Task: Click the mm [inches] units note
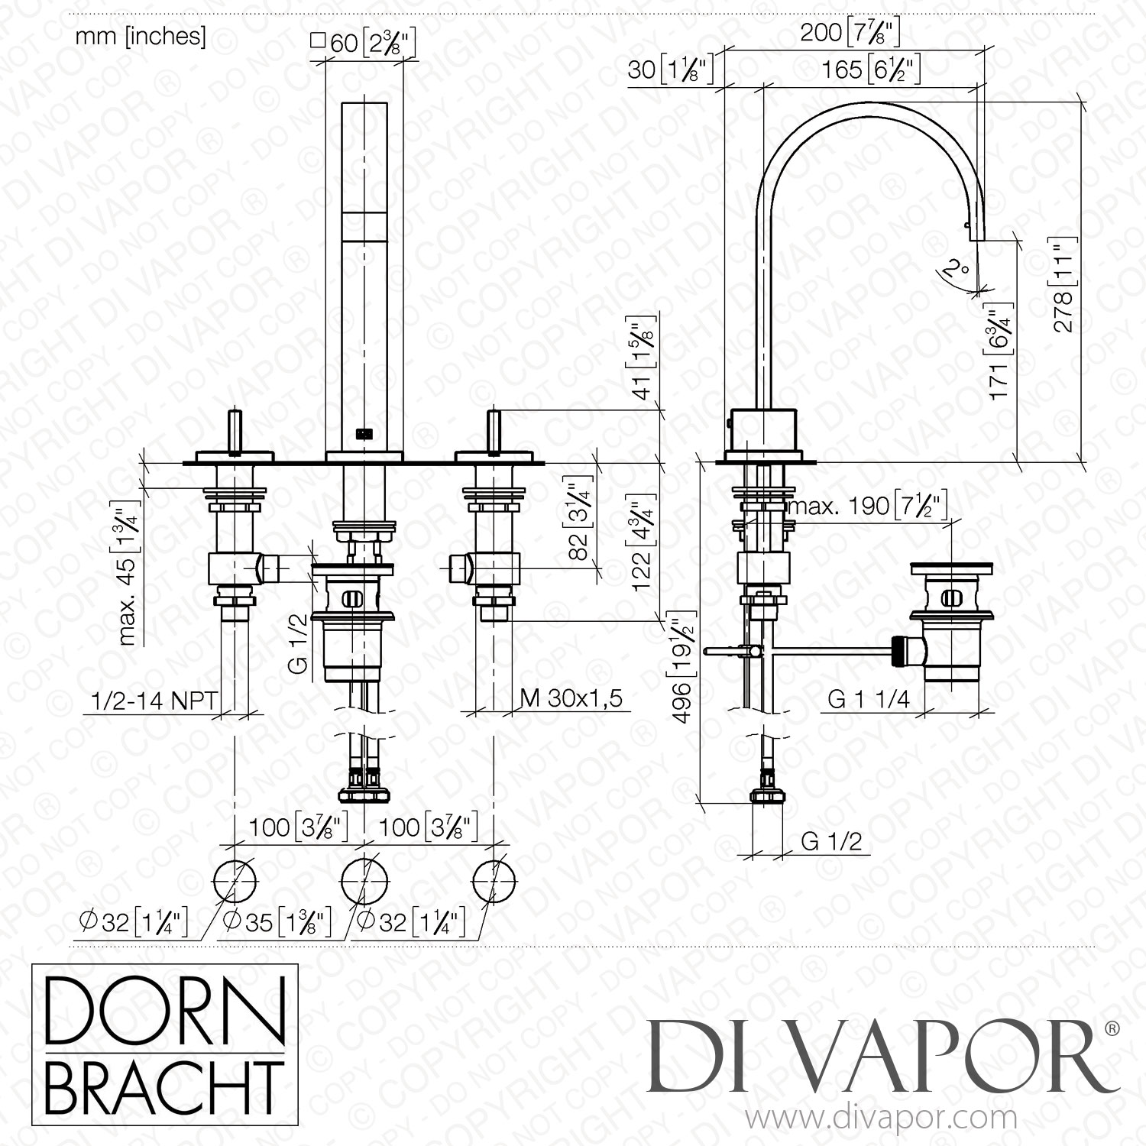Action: pyautogui.click(x=141, y=37)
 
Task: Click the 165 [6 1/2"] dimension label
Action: pyautogui.click(x=870, y=70)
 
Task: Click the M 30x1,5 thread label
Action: pyautogui.click(x=571, y=698)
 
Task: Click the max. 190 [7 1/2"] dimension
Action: pyautogui.click(x=867, y=506)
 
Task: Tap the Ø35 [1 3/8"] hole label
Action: pyautogui.click(x=275, y=923)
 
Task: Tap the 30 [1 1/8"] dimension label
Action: pyautogui.click(x=670, y=70)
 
